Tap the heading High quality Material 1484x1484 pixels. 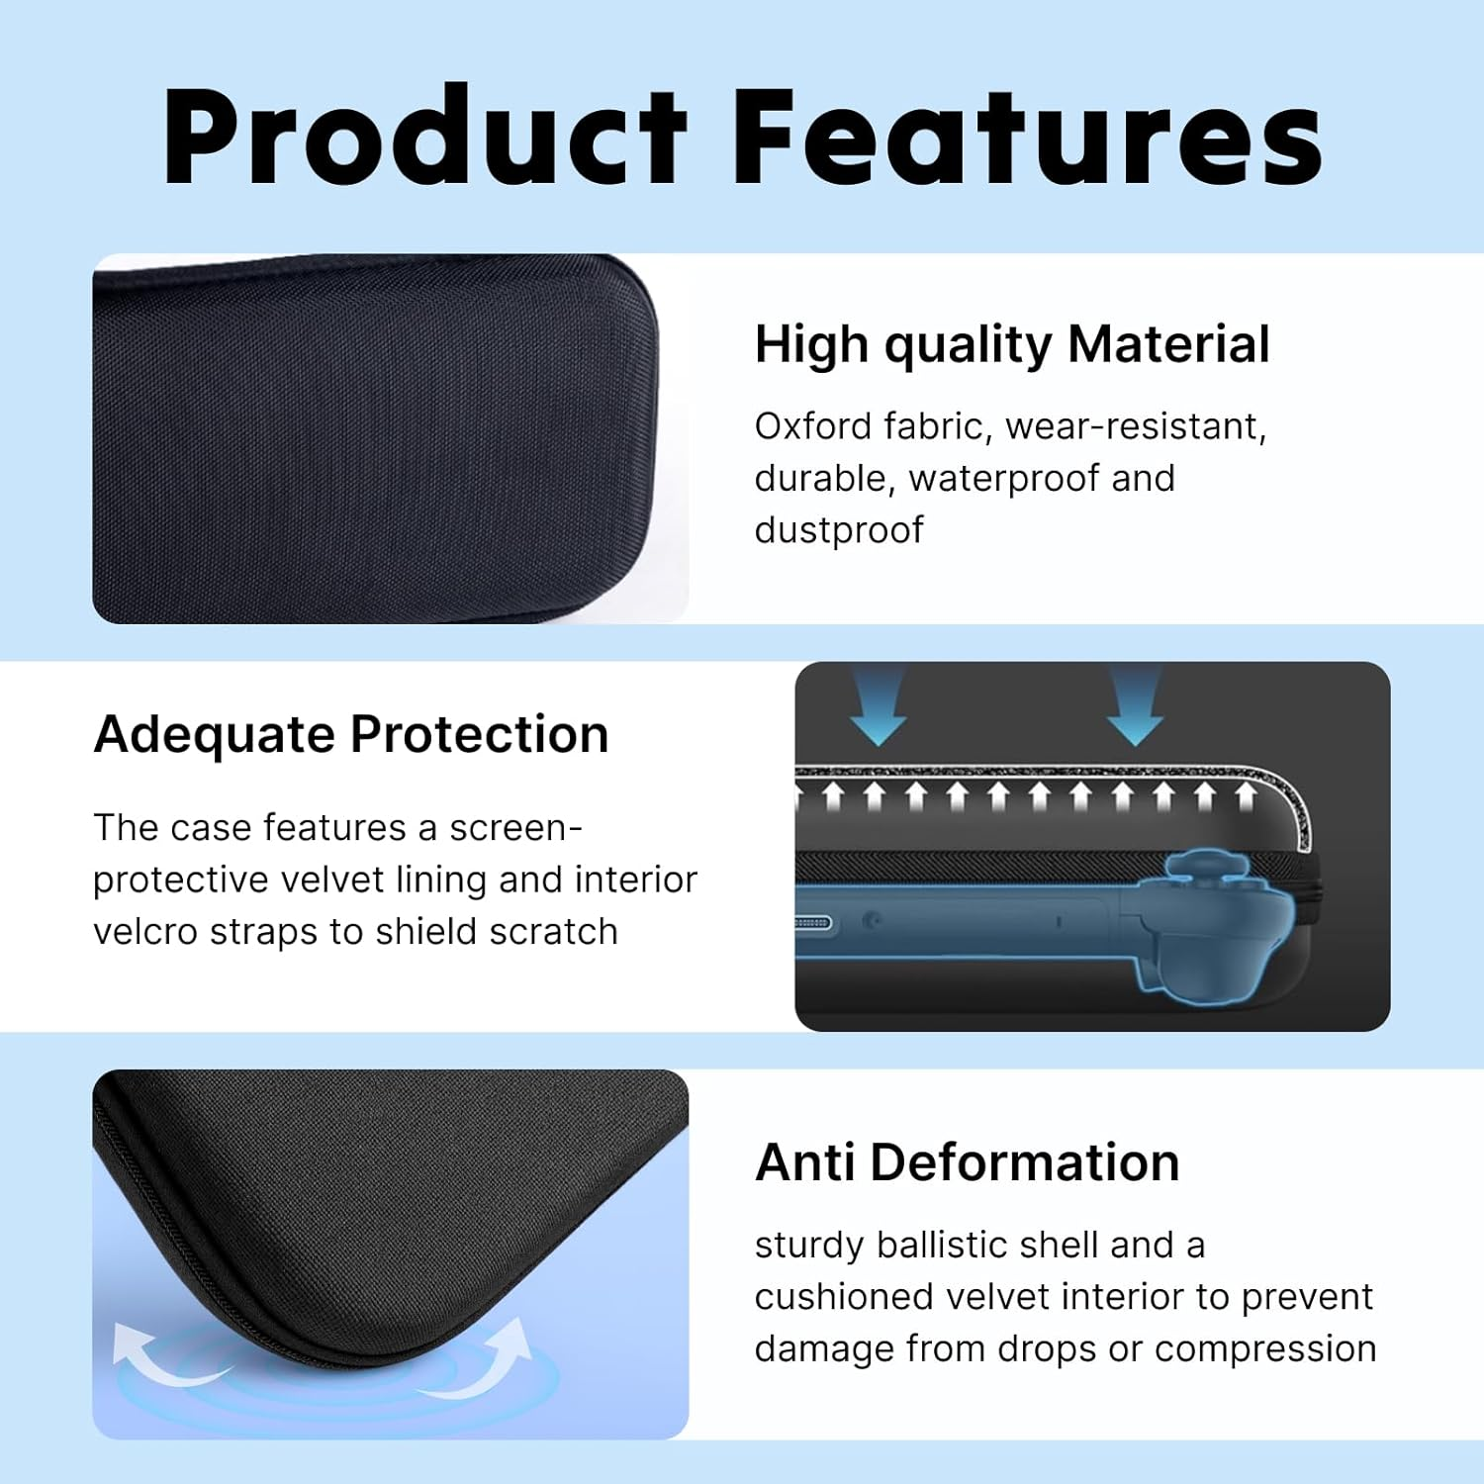pyautogui.click(x=1011, y=345)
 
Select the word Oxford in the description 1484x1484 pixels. pyautogui.click(x=812, y=426)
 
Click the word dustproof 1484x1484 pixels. pyautogui.click(x=838, y=530)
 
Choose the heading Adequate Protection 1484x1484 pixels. pyautogui.click(x=351, y=735)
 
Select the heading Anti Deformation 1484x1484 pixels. pyautogui.click(x=967, y=1162)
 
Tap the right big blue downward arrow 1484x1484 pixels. pyautogui.click(x=1135, y=707)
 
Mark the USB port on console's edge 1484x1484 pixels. pyautogui.click(x=812, y=924)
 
